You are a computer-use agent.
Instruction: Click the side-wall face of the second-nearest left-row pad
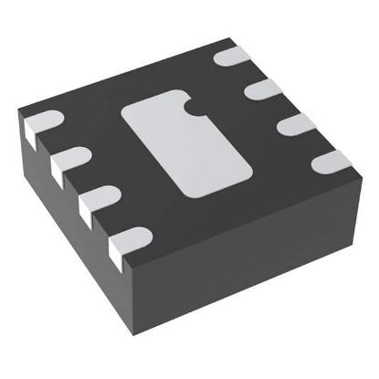(89, 212)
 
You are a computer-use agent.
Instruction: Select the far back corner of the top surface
(219, 38)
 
